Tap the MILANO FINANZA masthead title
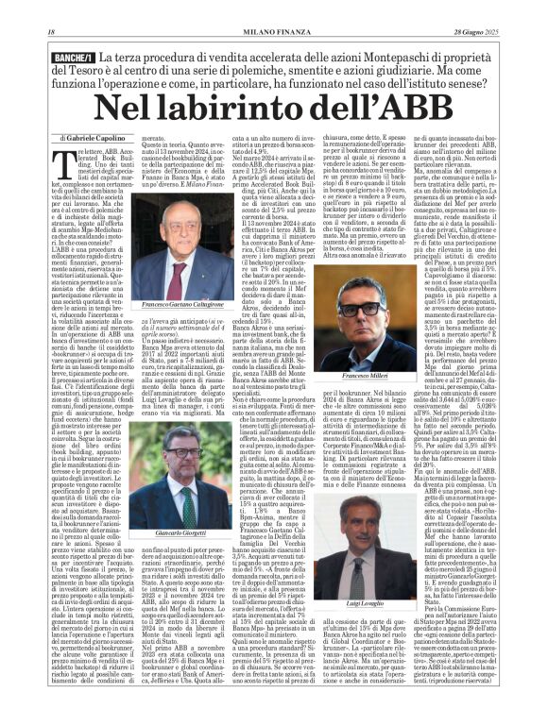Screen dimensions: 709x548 click(x=273, y=8)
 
